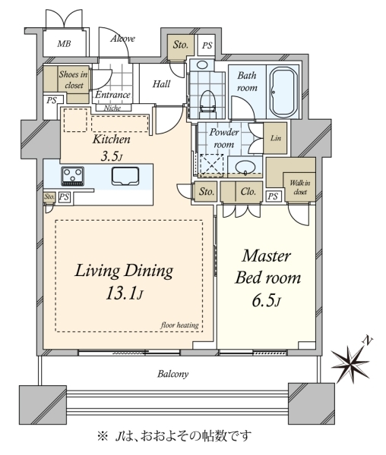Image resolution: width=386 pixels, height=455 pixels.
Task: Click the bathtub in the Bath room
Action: click(283, 93)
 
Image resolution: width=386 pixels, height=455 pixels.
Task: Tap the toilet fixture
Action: click(208, 104)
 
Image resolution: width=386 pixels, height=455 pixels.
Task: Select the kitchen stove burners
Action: click(73, 176)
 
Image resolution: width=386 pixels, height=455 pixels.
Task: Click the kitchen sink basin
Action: click(125, 176)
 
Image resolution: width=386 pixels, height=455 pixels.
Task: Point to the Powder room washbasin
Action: click(245, 167)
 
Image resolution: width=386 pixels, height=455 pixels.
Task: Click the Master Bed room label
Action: click(267, 267)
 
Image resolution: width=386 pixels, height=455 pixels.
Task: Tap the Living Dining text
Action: click(124, 271)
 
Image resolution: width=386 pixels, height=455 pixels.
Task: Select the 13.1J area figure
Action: click(124, 293)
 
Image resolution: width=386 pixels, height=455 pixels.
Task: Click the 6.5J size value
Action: click(266, 301)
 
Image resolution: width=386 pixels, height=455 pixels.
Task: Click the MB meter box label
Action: click(64, 44)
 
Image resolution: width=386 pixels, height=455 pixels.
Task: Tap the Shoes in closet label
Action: click(73, 80)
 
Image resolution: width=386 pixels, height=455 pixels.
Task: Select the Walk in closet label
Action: click(300, 187)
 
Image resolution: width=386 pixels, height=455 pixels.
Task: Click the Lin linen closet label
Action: click(276, 138)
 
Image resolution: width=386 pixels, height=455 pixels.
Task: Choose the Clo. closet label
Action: click(248, 192)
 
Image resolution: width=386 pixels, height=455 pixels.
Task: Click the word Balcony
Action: click(173, 374)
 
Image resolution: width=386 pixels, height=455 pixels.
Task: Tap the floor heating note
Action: click(179, 325)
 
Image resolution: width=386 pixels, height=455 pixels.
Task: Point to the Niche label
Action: click(112, 108)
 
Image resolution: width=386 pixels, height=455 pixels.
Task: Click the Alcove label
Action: click(122, 39)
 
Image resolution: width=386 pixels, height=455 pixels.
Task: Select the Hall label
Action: click(161, 84)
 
